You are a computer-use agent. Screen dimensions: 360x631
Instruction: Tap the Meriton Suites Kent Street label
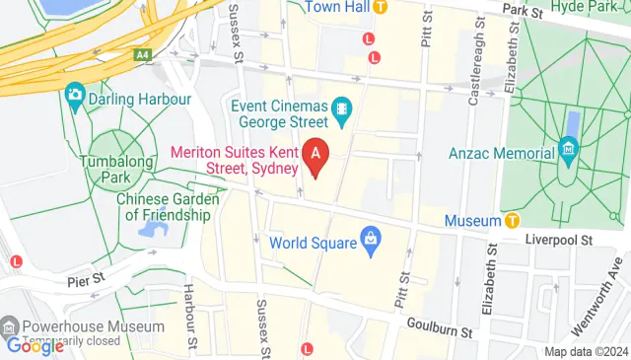(234, 160)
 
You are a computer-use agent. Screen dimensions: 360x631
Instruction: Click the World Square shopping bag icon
(370, 239)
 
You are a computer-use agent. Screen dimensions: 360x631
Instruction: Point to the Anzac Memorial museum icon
(568, 152)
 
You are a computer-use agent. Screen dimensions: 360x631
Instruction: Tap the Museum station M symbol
(510, 220)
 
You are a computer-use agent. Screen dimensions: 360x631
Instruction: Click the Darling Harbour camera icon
(74, 97)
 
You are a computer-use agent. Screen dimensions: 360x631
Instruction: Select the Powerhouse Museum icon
(10, 326)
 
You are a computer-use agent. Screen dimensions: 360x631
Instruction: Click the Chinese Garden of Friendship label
(165, 206)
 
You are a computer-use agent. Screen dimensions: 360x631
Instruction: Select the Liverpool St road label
(557, 240)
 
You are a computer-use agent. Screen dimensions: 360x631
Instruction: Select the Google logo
(35, 345)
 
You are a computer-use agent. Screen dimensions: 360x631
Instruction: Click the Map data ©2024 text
(586, 351)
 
